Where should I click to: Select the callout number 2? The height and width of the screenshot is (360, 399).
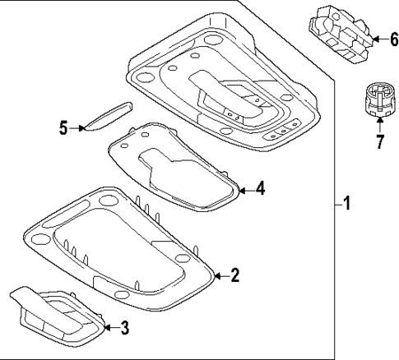point(234,275)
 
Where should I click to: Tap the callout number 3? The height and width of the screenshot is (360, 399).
point(124,329)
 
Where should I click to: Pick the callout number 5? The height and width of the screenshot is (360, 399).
point(63,127)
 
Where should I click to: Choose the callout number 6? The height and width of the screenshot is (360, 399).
point(383,39)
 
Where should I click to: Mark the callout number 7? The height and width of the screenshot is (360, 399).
point(379,142)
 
